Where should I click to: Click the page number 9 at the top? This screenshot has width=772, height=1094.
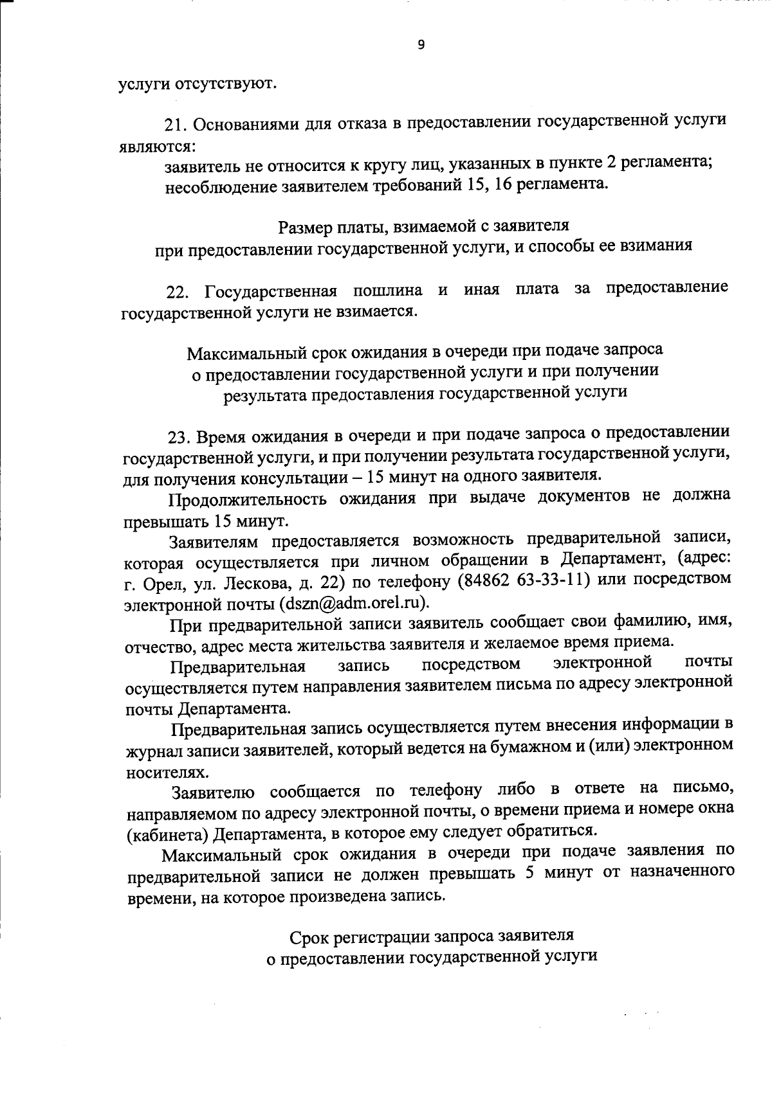(x=421, y=45)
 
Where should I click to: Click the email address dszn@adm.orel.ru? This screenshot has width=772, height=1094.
(x=353, y=604)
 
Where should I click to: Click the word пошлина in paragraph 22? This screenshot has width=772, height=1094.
(x=387, y=291)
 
